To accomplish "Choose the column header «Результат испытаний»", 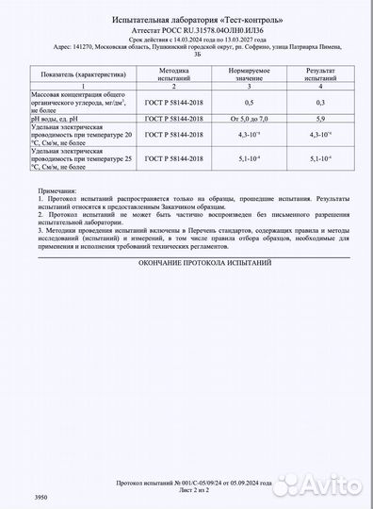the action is [320, 74].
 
